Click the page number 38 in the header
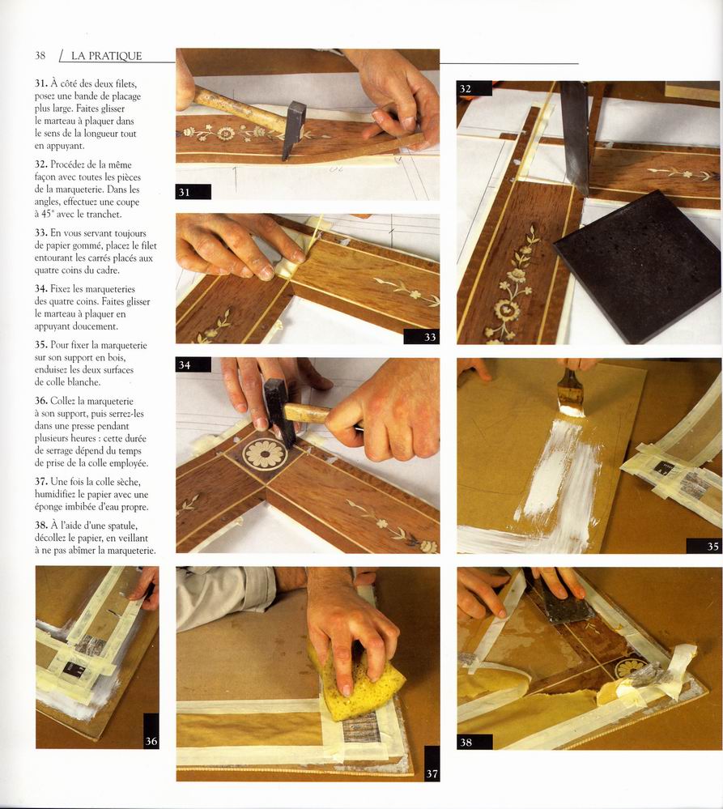pyautogui.click(x=40, y=56)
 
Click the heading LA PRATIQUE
pyautogui.click(x=106, y=56)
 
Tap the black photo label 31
pyautogui.click(x=193, y=192)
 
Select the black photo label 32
pyautogui.click(x=474, y=88)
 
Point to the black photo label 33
pyautogui.click(x=421, y=336)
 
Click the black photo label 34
pyautogui.click(x=193, y=364)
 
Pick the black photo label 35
pyautogui.click(x=704, y=546)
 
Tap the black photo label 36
pyautogui.click(x=151, y=731)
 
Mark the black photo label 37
pyautogui.click(x=432, y=763)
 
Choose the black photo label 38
pyautogui.click(x=474, y=742)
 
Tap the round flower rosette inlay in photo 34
pyautogui.click(x=265, y=453)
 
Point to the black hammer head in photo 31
pyautogui.click(x=293, y=130)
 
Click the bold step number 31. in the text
pyautogui.click(x=41, y=83)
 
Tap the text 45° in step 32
pyautogui.click(x=48, y=214)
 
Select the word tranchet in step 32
pyautogui.click(x=104, y=214)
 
